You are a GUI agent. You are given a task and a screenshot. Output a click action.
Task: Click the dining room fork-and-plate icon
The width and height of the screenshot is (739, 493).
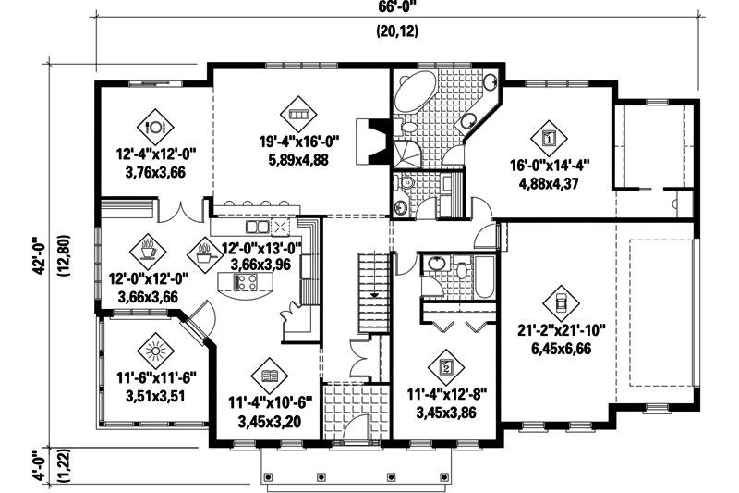click(x=155, y=123)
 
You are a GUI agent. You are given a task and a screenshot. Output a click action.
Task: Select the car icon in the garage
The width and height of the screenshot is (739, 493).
click(x=559, y=301)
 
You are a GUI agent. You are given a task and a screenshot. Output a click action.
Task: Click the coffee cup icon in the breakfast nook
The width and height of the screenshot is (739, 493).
click(x=148, y=249)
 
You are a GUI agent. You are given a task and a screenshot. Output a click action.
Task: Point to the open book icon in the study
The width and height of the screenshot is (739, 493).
click(x=269, y=376)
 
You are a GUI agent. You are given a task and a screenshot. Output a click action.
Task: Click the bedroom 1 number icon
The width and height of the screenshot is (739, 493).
click(x=550, y=139)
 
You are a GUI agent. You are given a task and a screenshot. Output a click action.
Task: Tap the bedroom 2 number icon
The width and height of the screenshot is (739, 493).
click(x=447, y=367)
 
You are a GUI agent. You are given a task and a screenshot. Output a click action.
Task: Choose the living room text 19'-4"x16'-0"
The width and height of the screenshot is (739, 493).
click(x=300, y=142)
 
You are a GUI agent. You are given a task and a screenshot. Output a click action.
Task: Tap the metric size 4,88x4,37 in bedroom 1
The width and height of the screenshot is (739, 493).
click(x=550, y=183)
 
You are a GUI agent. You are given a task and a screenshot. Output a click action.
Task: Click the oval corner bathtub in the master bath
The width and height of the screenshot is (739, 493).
click(x=417, y=92)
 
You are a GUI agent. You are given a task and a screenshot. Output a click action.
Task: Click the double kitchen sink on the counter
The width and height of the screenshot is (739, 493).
click(x=257, y=226)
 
